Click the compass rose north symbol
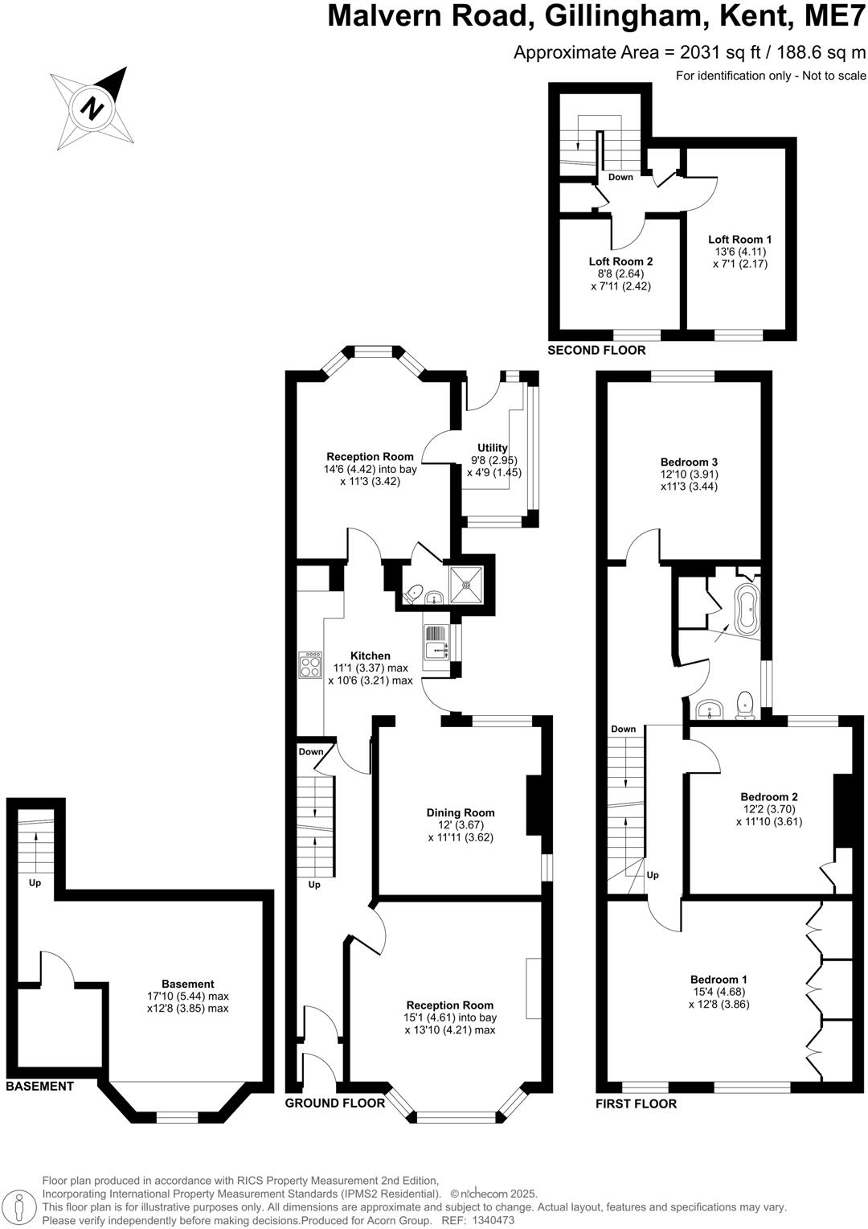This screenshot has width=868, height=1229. pyautogui.click(x=94, y=107)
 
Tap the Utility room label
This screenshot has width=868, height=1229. pyautogui.click(x=493, y=448)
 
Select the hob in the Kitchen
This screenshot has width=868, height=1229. pyautogui.click(x=310, y=665)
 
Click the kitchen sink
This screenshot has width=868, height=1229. pyautogui.click(x=434, y=642)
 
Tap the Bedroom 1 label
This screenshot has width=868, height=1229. pyautogui.click(x=719, y=979)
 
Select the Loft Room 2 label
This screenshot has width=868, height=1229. pyautogui.click(x=620, y=261)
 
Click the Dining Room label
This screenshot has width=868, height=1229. pyautogui.click(x=461, y=812)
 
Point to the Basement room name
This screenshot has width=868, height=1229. pyautogui.click(x=188, y=984)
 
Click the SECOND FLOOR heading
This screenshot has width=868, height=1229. pyautogui.click(x=596, y=351)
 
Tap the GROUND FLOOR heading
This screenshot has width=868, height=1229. pyautogui.click(x=335, y=1103)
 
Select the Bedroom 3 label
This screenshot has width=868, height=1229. pyautogui.click(x=689, y=462)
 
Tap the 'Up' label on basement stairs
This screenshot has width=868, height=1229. pyautogui.click(x=35, y=882)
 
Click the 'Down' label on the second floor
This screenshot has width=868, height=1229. pyautogui.click(x=620, y=177)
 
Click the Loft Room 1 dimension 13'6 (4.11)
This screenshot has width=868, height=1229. pyautogui.click(x=739, y=252)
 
